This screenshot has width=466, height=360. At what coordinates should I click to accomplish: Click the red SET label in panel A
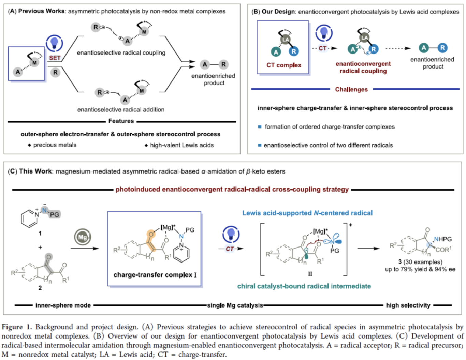click(x=55, y=58)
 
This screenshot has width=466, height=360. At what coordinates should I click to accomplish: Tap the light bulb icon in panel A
click(x=54, y=44)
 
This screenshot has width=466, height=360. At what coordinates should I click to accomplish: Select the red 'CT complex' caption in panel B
click(x=284, y=65)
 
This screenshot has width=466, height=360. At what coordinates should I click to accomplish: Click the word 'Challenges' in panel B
click(x=351, y=89)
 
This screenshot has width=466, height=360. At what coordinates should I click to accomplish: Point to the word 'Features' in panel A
click(x=121, y=121)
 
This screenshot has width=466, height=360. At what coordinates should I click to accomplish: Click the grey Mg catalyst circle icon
click(x=83, y=237)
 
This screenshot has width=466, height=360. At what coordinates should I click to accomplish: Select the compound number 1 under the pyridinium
click(x=40, y=234)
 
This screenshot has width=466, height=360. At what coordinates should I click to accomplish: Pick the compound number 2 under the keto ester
click(x=40, y=288)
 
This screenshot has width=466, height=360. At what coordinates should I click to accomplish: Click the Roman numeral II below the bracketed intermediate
click(x=310, y=274)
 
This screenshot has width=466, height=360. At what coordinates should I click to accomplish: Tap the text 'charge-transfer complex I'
click(x=155, y=275)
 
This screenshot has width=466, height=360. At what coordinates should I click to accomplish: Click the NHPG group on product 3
click(x=442, y=239)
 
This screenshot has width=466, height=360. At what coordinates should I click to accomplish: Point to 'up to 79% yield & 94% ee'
click(x=420, y=269)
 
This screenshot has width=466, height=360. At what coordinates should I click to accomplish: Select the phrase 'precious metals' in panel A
click(x=55, y=145)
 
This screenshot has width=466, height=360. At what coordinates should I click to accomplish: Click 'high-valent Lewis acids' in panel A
click(x=182, y=145)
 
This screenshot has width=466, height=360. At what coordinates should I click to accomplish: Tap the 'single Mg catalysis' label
click(x=235, y=305)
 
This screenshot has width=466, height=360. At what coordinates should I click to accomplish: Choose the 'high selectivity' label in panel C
click(x=408, y=305)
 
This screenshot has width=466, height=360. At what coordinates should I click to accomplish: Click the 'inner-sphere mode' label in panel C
click(x=63, y=305)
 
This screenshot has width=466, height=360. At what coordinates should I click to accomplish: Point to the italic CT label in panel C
click(x=230, y=249)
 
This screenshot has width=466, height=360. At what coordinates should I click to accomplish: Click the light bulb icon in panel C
click(x=231, y=234)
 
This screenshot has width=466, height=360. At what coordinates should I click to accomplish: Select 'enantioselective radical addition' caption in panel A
click(x=121, y=110)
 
